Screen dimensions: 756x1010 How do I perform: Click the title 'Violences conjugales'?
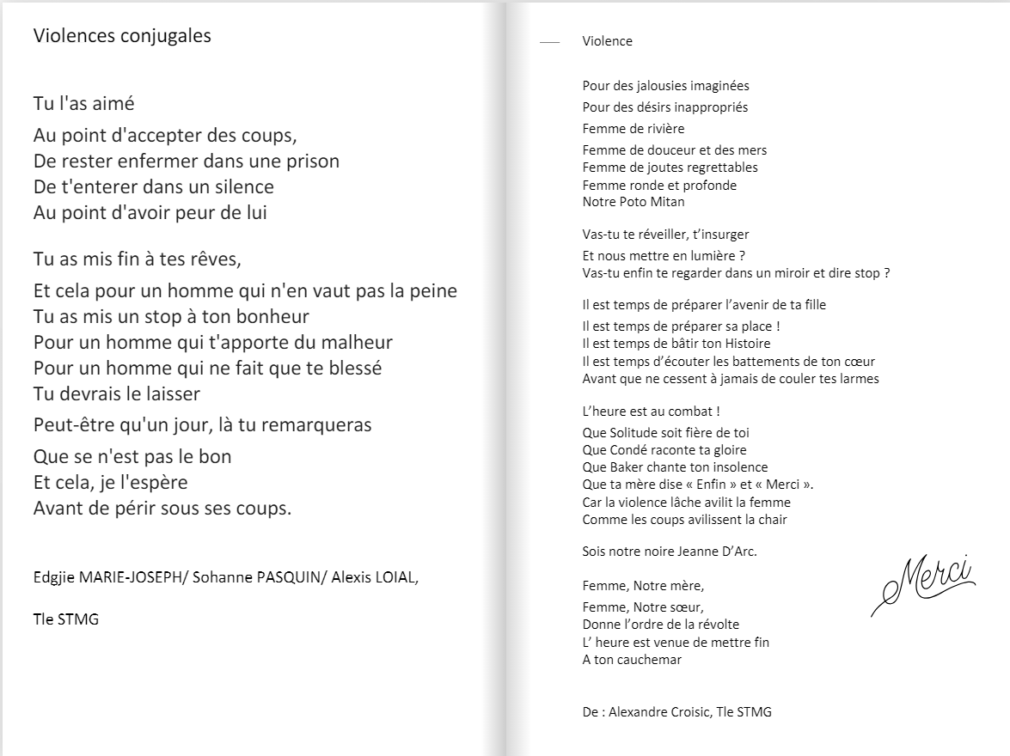122,36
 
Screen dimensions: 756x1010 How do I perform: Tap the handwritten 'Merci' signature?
923,582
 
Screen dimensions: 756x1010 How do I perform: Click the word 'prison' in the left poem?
312,162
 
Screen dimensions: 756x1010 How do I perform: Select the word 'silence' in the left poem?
242,187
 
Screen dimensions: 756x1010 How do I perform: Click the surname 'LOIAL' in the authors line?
395,577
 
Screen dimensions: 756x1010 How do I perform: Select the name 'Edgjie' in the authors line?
53,577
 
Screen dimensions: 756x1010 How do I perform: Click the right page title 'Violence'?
607,41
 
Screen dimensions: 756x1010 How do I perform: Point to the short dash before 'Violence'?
549,41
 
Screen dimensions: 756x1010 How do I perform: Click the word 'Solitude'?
634,433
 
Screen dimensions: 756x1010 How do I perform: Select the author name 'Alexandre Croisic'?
657,711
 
